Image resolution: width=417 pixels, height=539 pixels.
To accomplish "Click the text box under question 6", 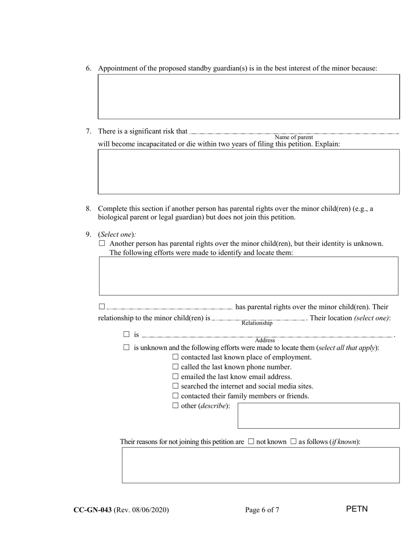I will coord(248,96).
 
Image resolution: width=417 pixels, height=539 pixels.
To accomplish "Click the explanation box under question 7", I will coord(248,171).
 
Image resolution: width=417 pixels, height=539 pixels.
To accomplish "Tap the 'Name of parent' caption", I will coord(294,137).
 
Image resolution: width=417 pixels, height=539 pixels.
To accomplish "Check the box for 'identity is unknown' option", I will coord(102,243).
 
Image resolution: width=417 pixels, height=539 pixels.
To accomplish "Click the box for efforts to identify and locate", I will coord(248,276).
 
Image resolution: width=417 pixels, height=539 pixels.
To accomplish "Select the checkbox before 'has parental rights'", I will coord(102,306).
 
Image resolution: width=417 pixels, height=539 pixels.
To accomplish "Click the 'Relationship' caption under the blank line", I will coord(257,323).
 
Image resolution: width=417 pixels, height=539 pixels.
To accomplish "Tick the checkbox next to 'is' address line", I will coord(126,334).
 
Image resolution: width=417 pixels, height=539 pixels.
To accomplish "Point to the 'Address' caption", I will coord(265,340).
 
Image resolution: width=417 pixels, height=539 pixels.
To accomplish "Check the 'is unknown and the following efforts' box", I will coord(126,348).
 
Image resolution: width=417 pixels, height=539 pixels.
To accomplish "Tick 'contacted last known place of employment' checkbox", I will coord(176,357).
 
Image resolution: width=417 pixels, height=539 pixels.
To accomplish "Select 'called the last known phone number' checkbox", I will coord(176,367).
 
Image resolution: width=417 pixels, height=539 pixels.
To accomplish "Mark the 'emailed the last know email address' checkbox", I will coord(176,376).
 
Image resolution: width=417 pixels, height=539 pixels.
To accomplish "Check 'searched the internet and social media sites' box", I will coord(176,386).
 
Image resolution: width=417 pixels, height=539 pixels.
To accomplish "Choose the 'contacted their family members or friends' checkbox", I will coord(176,396).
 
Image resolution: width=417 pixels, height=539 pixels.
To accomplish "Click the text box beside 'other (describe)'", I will coord(318,415).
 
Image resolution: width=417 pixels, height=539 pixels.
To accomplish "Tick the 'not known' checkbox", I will coord(251,442).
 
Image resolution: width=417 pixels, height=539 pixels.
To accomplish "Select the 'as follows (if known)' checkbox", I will coord(293,442).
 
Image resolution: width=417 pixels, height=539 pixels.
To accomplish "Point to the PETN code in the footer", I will coord(356,509).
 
